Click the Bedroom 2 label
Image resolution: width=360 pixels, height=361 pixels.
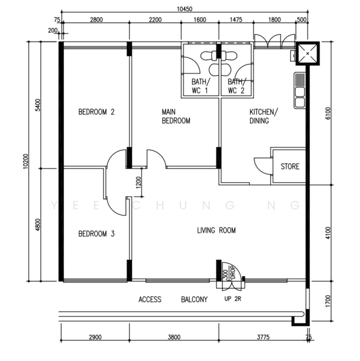click(x=96, y=112)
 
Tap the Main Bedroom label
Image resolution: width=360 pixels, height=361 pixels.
click(x=176, y=116)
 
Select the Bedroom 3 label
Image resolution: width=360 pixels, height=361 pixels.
click(x=96, y=234)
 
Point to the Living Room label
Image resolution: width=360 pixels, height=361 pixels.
click(x=216, y=230)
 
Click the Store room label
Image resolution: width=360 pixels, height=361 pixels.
click(x=290, y=167)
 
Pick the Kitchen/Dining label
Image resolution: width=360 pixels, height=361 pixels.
click(x=264, y=116)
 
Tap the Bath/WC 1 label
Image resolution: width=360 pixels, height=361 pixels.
click(x=201, y=86)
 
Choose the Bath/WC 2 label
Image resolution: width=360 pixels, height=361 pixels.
click(x=237, y=86)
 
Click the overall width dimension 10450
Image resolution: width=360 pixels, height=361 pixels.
click(x=185, y=9)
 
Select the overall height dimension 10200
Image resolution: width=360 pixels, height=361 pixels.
click(x=25, y=161)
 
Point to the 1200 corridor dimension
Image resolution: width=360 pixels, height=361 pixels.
click(x=138, y=182)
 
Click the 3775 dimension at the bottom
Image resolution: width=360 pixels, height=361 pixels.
click(x=264, y=337)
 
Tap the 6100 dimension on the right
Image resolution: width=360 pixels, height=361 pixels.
click(x=328, y=113)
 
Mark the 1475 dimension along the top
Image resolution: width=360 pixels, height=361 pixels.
click(x=236, y=20)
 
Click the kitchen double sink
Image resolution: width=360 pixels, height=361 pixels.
click(x=300, y=90)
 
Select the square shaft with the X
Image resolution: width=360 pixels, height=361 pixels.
click(x=308, y=54)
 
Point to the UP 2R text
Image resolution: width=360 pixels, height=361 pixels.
click(x=233, y=299)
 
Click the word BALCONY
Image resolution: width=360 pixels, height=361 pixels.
click(x=194, y=299)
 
